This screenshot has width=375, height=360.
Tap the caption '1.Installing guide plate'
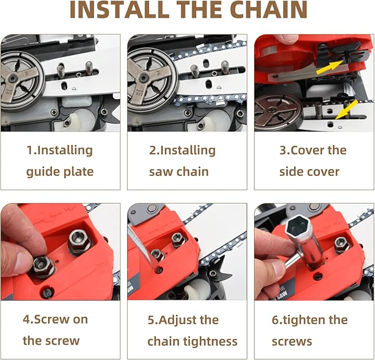click(x=60, y=161)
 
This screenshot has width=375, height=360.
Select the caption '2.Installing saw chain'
click(x=182, y=161)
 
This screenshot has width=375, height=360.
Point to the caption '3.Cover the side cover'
click(x=313, y=161)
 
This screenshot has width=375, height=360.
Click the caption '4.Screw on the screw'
click(x=55, y=330)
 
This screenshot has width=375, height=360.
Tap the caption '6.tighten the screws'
click(x=309, y=330)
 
